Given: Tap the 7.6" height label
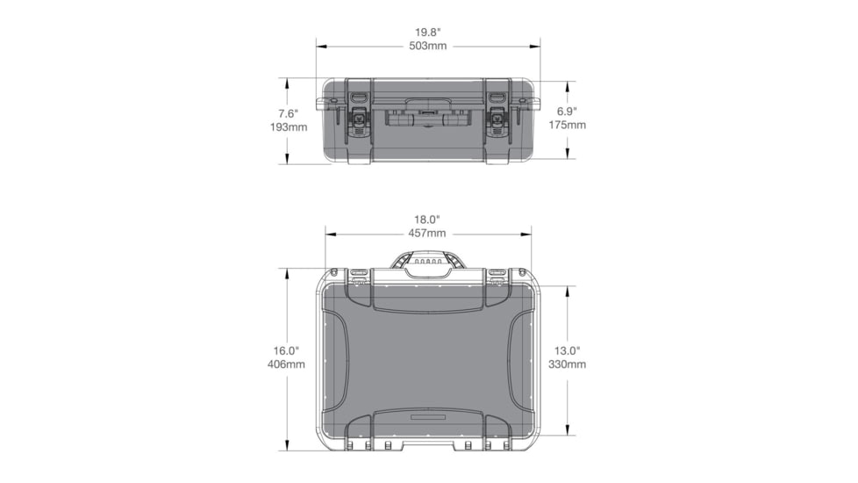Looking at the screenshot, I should (289, 113).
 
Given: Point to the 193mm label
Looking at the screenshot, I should (289, 127).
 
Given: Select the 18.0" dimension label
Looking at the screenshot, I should (427, 219).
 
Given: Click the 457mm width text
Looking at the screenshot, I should (427, 233).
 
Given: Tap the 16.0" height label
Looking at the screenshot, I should (287, 350).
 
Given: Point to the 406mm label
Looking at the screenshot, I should (287, 364).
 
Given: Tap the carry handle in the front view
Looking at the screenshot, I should (428, 114).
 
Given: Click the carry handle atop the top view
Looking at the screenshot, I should (428, 260).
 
